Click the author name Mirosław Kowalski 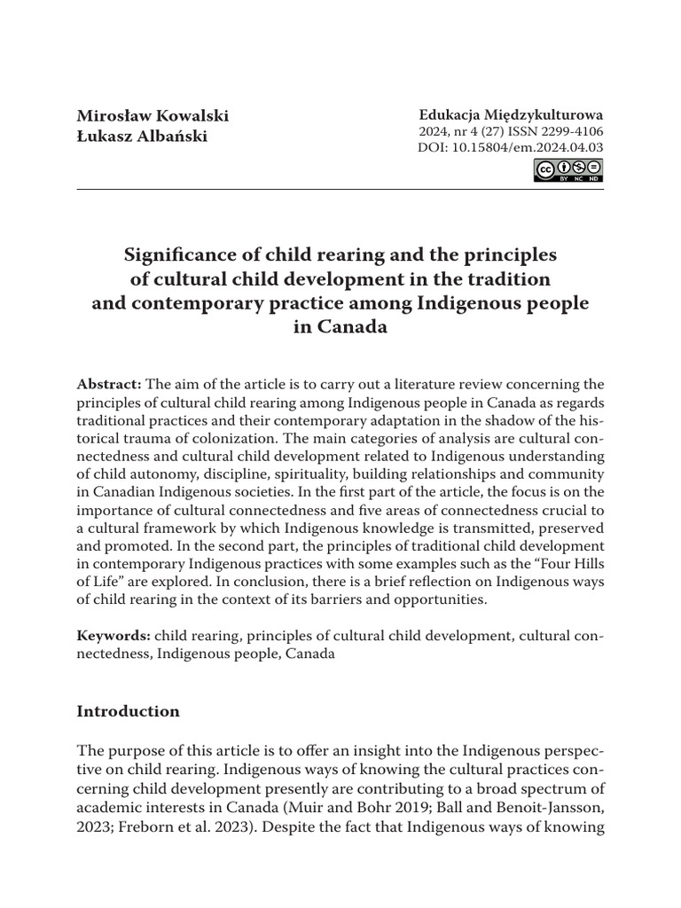pyautogui.click(x=153, y=116)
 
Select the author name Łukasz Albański pyautogui.click(x=142, y=137)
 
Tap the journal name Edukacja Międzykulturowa pyautogui.click(x=511, y=114)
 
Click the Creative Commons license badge pyautogui.click(x=568, y=170)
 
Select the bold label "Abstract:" pyautogui.click(x=109, y=383)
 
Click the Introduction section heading pyautogui.click(x=128, y=711)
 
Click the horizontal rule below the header pyautogui.click(x=340, y=189)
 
